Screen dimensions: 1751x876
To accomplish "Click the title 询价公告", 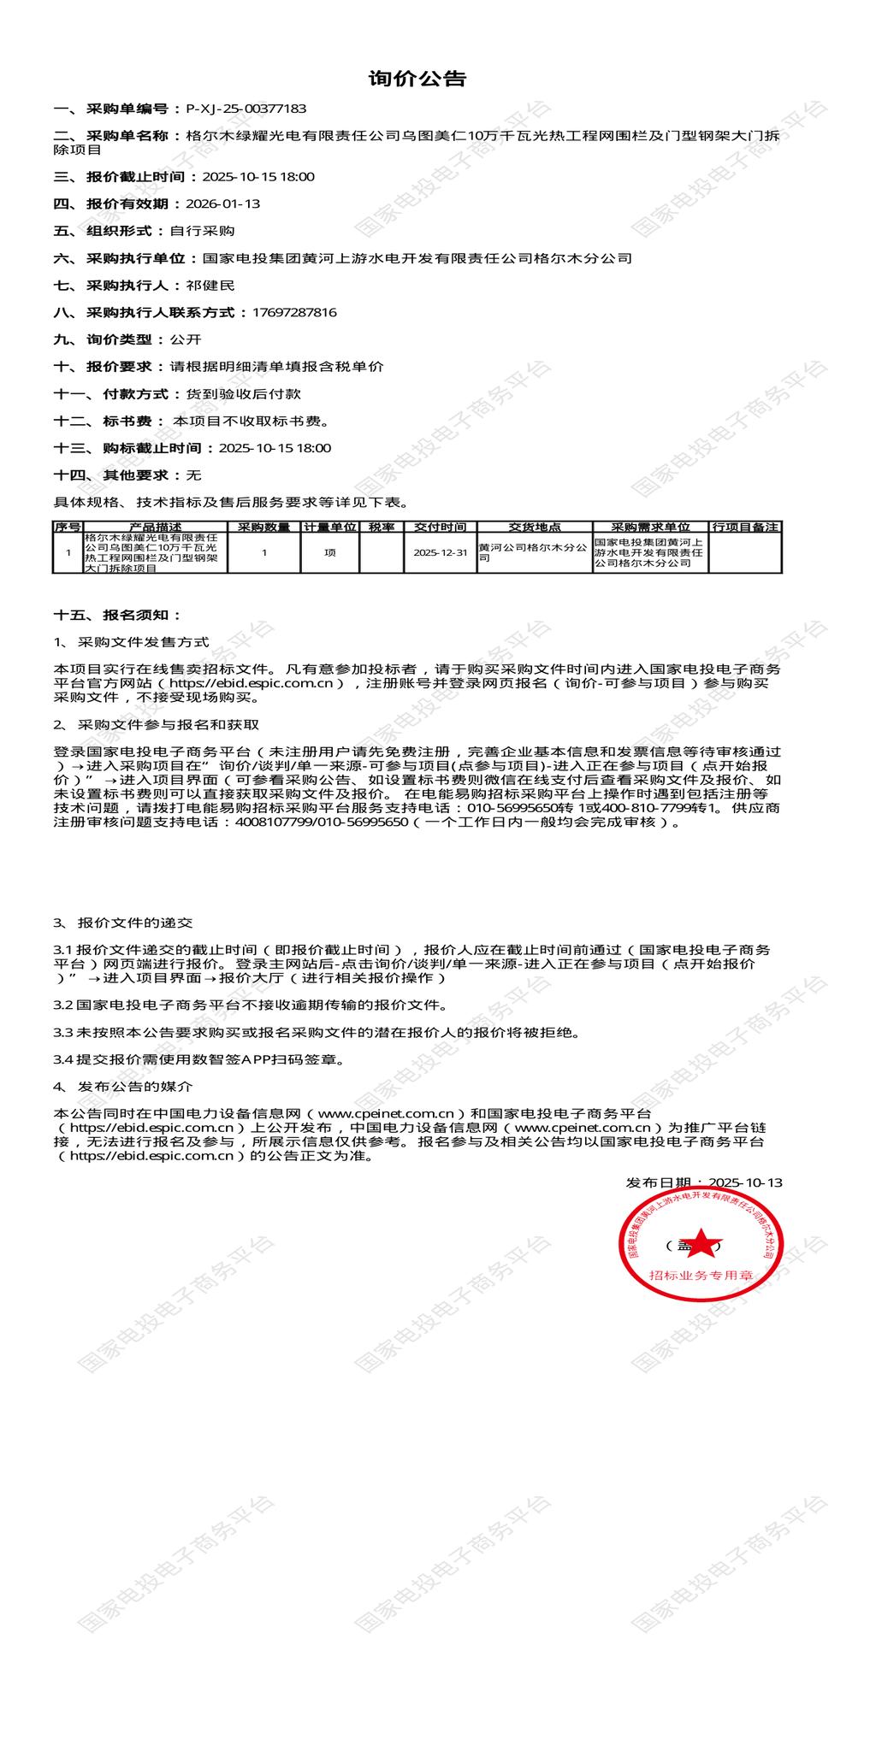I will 417,80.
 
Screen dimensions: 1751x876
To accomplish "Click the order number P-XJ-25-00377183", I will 246,109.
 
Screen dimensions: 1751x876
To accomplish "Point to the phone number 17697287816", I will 294,313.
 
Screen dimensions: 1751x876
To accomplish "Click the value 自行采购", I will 202,231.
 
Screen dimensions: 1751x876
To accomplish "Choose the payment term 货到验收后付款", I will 237,394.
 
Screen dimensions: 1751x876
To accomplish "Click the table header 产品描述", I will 155,528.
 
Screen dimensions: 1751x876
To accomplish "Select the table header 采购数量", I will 263,528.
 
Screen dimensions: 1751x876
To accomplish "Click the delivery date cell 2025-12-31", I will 440,553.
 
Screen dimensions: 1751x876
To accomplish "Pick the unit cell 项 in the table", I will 330,553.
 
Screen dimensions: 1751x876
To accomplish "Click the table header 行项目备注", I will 745,528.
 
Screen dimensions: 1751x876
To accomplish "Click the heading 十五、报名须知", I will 117,616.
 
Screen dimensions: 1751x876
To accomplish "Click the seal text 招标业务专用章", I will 700,1275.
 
